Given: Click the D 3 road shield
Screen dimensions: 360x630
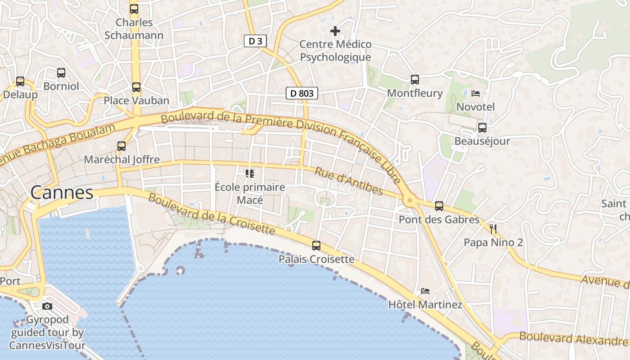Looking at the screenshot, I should (255, 41).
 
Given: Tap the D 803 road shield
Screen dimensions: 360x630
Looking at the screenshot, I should (302, 94).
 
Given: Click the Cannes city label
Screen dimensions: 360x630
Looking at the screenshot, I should (62, 193).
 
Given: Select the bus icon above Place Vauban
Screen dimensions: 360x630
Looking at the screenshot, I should (136, 87).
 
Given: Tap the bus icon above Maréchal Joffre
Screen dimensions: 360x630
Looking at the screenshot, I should (121, 146).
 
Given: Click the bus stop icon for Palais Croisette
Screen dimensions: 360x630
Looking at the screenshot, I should (316, 246).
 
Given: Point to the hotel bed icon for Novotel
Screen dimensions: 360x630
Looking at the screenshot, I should (476, 94).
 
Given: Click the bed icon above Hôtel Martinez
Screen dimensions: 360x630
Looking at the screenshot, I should (425, 291).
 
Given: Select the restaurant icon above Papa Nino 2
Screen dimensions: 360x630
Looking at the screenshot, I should (493, 229).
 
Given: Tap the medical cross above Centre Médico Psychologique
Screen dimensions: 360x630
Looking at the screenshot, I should (335, 31).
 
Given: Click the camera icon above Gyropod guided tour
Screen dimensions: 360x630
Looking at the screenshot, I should (47, 306).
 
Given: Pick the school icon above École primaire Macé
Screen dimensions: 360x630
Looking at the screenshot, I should (250, 173).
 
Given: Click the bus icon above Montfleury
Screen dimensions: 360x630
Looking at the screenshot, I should (415, 80).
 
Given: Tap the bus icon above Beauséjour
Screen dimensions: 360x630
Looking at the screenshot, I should (482, 128).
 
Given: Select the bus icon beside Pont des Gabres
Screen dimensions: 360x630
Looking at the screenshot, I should (439, 206).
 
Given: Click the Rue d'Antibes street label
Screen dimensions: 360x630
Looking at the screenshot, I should (349, 181).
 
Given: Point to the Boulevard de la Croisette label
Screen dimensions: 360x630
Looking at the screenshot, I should (211, 214).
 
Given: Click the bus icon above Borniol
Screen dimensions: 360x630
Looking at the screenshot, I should (61, 72).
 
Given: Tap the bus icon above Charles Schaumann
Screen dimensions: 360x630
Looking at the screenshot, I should (134, 9).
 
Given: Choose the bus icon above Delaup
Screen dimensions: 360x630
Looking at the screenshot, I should (20, 81).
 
